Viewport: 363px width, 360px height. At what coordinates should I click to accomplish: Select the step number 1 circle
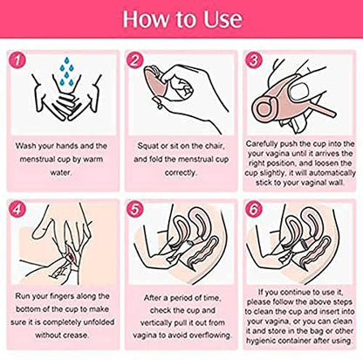17,60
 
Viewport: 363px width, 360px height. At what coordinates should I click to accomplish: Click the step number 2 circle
135,60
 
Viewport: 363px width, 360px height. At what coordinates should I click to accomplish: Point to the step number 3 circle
254,60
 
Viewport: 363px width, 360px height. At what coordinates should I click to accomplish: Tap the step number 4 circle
17,210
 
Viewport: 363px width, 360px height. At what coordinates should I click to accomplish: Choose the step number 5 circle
135,210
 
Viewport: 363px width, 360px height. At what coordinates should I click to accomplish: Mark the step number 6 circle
254,210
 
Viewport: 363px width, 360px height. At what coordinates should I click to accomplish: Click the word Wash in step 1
25,146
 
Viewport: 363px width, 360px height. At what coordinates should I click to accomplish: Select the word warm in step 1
93,159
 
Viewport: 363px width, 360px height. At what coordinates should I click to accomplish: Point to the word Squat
148,146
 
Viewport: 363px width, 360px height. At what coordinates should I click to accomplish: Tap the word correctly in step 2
181,173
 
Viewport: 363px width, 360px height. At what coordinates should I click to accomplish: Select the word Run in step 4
23,296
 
